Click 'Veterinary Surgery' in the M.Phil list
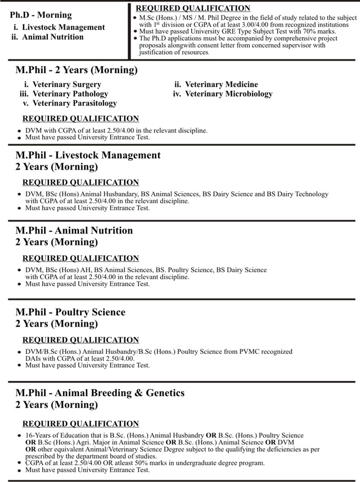[66, 84]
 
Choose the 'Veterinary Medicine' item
[221, 84]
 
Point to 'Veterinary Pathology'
[70, 94]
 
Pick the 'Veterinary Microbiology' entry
[228, 94]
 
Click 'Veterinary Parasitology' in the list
[75, 103]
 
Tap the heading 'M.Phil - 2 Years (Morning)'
[77, 70]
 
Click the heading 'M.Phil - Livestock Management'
[88, 155]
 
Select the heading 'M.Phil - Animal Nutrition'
[74, 230]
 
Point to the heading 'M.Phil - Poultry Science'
[70, 312]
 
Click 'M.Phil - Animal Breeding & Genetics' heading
[100, 393]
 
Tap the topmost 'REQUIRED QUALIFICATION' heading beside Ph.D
[193, 8]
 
